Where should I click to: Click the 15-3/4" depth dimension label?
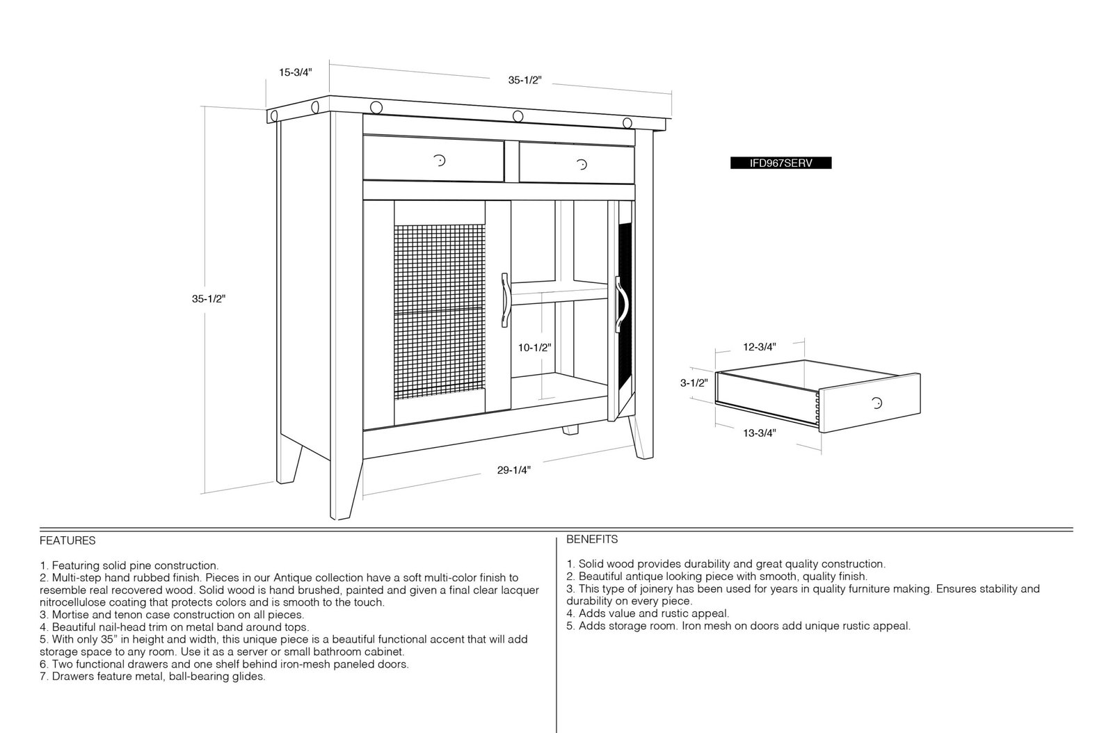[x=295, y=72]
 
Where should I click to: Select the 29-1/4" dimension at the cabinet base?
[x=514, y=470]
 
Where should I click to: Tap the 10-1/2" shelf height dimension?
[x=535, y=348]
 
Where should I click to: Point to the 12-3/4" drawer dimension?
[x=759, y=347]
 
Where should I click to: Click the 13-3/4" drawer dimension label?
[x=759, y=433]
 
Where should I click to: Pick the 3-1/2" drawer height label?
[x=694, y=383]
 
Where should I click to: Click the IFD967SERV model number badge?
[x=780, y=163]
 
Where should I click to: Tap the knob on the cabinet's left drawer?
[x=439, y=161]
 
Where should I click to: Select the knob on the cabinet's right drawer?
[x=582, y=164]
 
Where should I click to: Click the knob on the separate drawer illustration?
[x=877, y=403]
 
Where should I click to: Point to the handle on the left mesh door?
[x=505, y=300]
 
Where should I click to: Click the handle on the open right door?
[x=621, y=304]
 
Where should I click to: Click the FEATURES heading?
[x=67, y=540]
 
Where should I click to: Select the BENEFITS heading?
[x=592, y=539]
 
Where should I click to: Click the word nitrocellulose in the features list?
[x=73, y=602]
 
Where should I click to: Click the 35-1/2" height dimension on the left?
[x=209, y=299]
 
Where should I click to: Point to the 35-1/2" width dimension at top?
[x=525, y=80]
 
